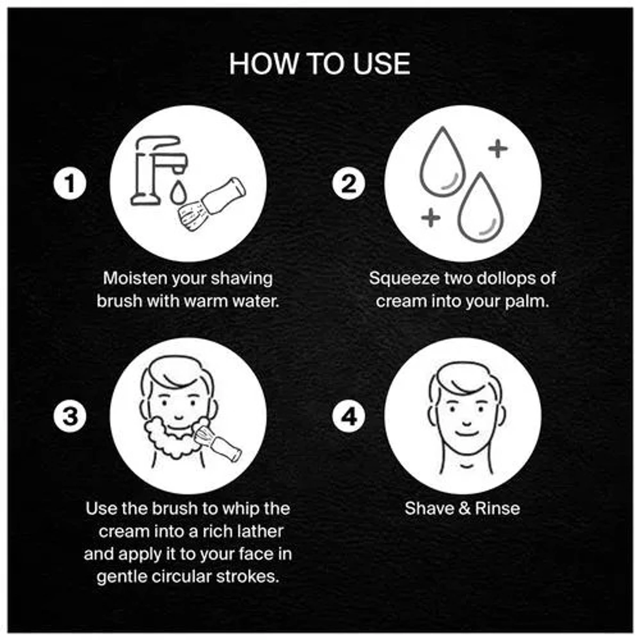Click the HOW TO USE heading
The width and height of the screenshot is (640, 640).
(x=319, y=63)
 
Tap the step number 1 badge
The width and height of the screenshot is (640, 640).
(x=70, y=183)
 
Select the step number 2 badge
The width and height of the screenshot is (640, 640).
(x=348, y=183)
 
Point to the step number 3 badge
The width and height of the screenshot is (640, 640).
(x=70, y=415)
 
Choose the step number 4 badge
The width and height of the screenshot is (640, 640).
(x=348, y=415)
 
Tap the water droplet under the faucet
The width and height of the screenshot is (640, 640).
(x=178, y=193)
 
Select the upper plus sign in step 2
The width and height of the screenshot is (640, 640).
(x=498, y=148)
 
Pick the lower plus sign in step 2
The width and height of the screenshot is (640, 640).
(x=430, y=218)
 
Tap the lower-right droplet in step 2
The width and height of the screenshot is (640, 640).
(x=481, y=207)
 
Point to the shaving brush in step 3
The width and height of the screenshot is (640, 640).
(x=220, y=441)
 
